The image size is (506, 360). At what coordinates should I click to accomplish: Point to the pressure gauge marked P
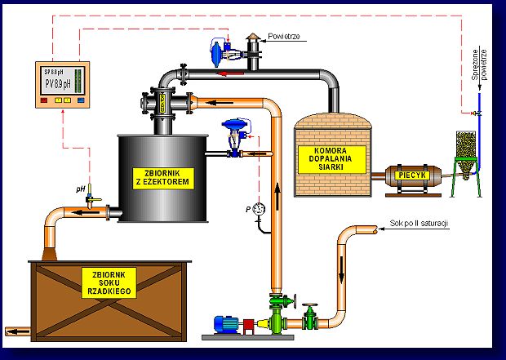[x=260, y=208]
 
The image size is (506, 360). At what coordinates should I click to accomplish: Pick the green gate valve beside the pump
[x=308, y=317]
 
